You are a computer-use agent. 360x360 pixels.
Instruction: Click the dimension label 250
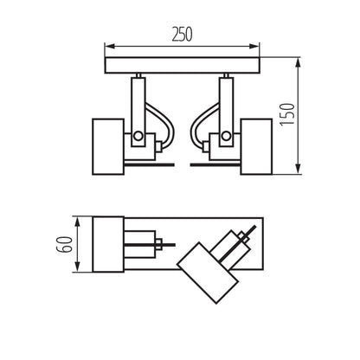[x=181, y=35]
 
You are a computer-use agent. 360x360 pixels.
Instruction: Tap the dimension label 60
[x=61, y=243]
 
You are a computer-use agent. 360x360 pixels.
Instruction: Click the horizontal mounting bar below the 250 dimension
[x=182, y=66]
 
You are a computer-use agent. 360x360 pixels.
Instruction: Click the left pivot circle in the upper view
[x=138, y=136]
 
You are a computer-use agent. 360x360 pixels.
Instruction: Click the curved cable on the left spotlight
[x=163, y=121]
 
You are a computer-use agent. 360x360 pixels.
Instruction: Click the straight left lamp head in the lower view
[x=108, y=243]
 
